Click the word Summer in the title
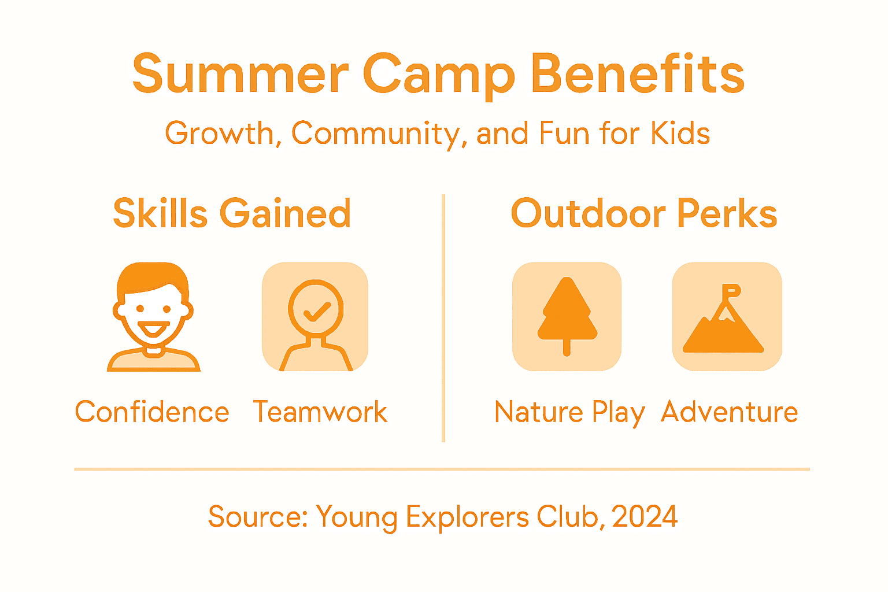[x=240, y=74]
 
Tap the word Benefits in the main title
[x=637, y=74]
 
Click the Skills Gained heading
[x=232, y=213]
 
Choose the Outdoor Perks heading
[x=643, y=213]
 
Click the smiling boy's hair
[x=153, y=276]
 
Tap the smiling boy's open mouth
[x=153, y=330]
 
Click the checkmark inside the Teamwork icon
[x=316, y=312]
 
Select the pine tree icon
[x=567, y=315]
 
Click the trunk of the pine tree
[x=567, y=347]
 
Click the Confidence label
[x=152, y=412]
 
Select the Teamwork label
[x=320, y=412]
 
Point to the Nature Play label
[x=569, y=412]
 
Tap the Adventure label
[x=729, y=412]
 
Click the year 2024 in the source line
[x=645, y=516]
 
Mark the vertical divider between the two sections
[x=443, y=318]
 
